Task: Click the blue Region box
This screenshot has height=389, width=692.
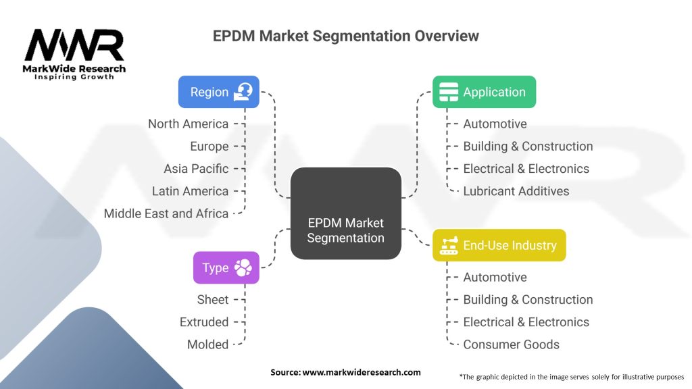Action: [x=218, y=92]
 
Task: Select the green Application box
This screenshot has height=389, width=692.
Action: [x=484, y=92]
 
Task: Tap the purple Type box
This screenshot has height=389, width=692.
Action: [x=226, y=267]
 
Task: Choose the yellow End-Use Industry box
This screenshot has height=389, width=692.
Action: [x=499, y=245]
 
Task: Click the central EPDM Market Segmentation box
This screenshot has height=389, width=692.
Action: [x=345, y=213]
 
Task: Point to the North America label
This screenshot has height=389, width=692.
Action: [x=188, y=124]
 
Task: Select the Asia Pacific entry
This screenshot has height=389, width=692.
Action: [x=196, y=169]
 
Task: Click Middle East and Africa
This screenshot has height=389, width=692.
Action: [x=166, y=213]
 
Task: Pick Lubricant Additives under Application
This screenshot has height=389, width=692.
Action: [x=516, y=191]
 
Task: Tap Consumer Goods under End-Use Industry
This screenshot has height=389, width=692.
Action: [x=511, y=344]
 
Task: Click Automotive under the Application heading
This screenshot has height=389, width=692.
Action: [x=495, y=124]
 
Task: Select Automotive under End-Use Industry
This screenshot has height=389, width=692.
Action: [x=495, y=278]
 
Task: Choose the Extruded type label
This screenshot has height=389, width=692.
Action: [x=204, y=322]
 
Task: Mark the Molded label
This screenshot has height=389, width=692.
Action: [x=208, y=344]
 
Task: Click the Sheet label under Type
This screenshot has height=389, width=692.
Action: [x=213, y=299]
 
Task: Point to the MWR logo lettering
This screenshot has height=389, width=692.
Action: [x=74, y=45]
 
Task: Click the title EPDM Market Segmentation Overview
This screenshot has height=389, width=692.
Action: [x=345, y=36]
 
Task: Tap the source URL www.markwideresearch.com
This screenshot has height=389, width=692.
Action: [x=362, y=372]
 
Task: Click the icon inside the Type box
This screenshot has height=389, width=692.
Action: [x=243, y=267]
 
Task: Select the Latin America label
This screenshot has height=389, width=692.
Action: [x=190, y=191]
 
